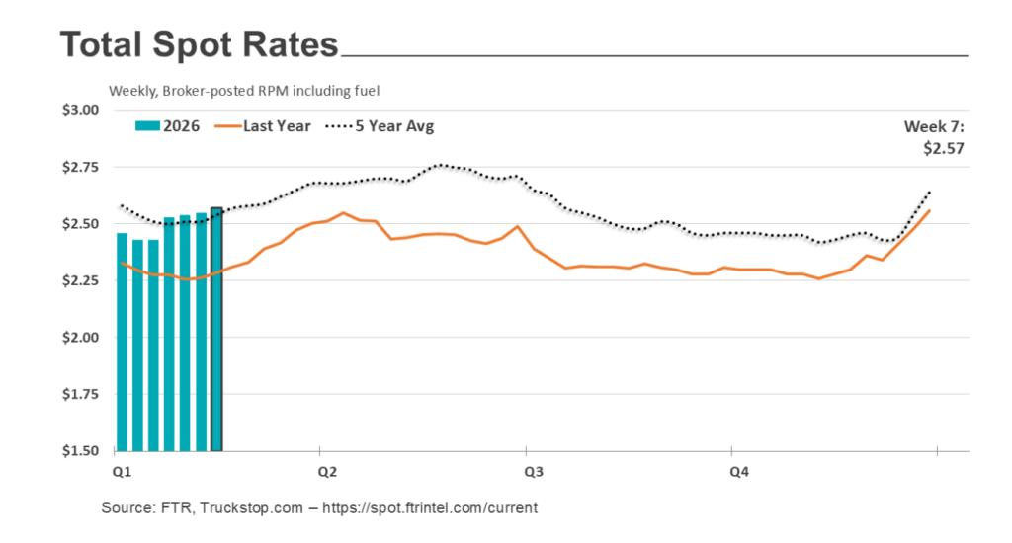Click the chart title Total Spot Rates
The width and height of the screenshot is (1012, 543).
199,45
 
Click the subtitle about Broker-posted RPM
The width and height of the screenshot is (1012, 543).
244,91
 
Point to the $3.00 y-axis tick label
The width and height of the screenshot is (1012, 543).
80,110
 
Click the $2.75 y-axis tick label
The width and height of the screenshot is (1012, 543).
80,167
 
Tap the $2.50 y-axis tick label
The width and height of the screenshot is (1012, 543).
80,224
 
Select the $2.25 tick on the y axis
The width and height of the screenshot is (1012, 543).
80,281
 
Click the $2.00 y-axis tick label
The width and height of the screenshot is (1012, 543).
80,338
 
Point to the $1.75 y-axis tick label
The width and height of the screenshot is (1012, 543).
80,395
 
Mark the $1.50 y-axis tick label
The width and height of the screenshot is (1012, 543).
80,451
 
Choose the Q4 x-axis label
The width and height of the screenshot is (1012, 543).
738,472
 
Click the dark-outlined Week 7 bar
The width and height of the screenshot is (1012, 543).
216,331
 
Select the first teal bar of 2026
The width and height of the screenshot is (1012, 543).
122,342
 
